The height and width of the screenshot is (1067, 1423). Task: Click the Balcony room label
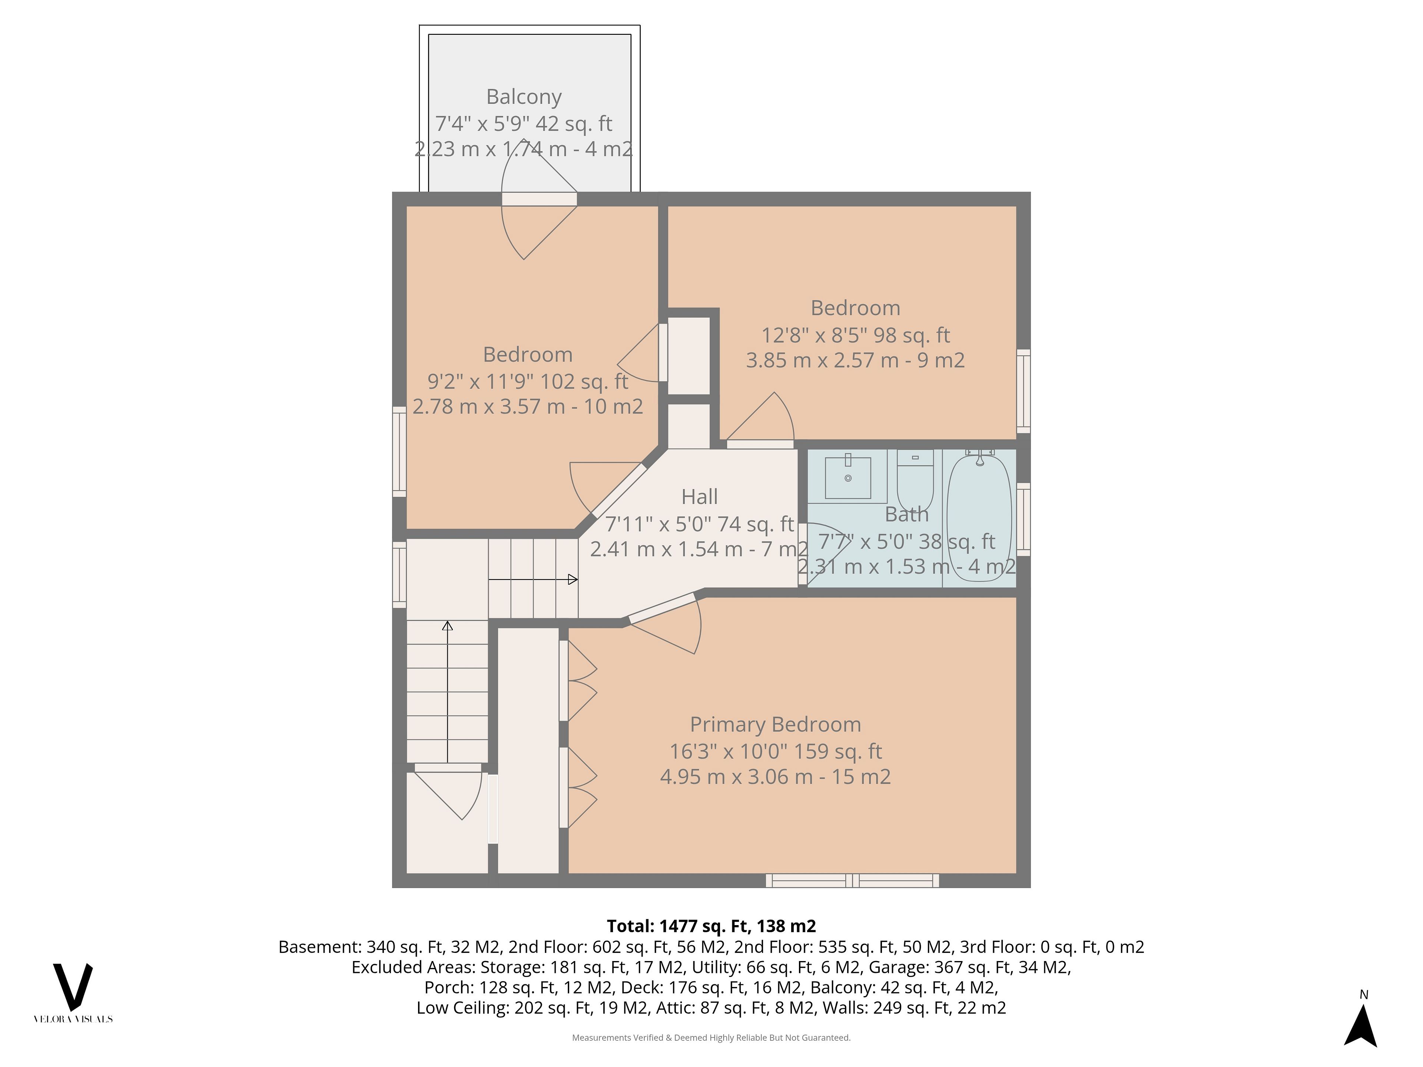[x=524, y=96]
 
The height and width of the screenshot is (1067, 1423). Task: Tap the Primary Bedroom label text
[x=775, y=724]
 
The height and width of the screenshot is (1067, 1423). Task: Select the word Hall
[x=699, y=496]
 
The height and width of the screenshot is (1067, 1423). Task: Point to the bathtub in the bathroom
[x=979, y=516]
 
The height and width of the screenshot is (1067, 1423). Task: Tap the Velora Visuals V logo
[x=73, y=987]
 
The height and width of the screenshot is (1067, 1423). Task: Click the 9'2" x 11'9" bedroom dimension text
[x=528, y=381]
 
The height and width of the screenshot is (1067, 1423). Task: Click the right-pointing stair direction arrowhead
[x=573, y=579]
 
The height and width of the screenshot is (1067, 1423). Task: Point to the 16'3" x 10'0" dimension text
[x=775, y=751]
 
